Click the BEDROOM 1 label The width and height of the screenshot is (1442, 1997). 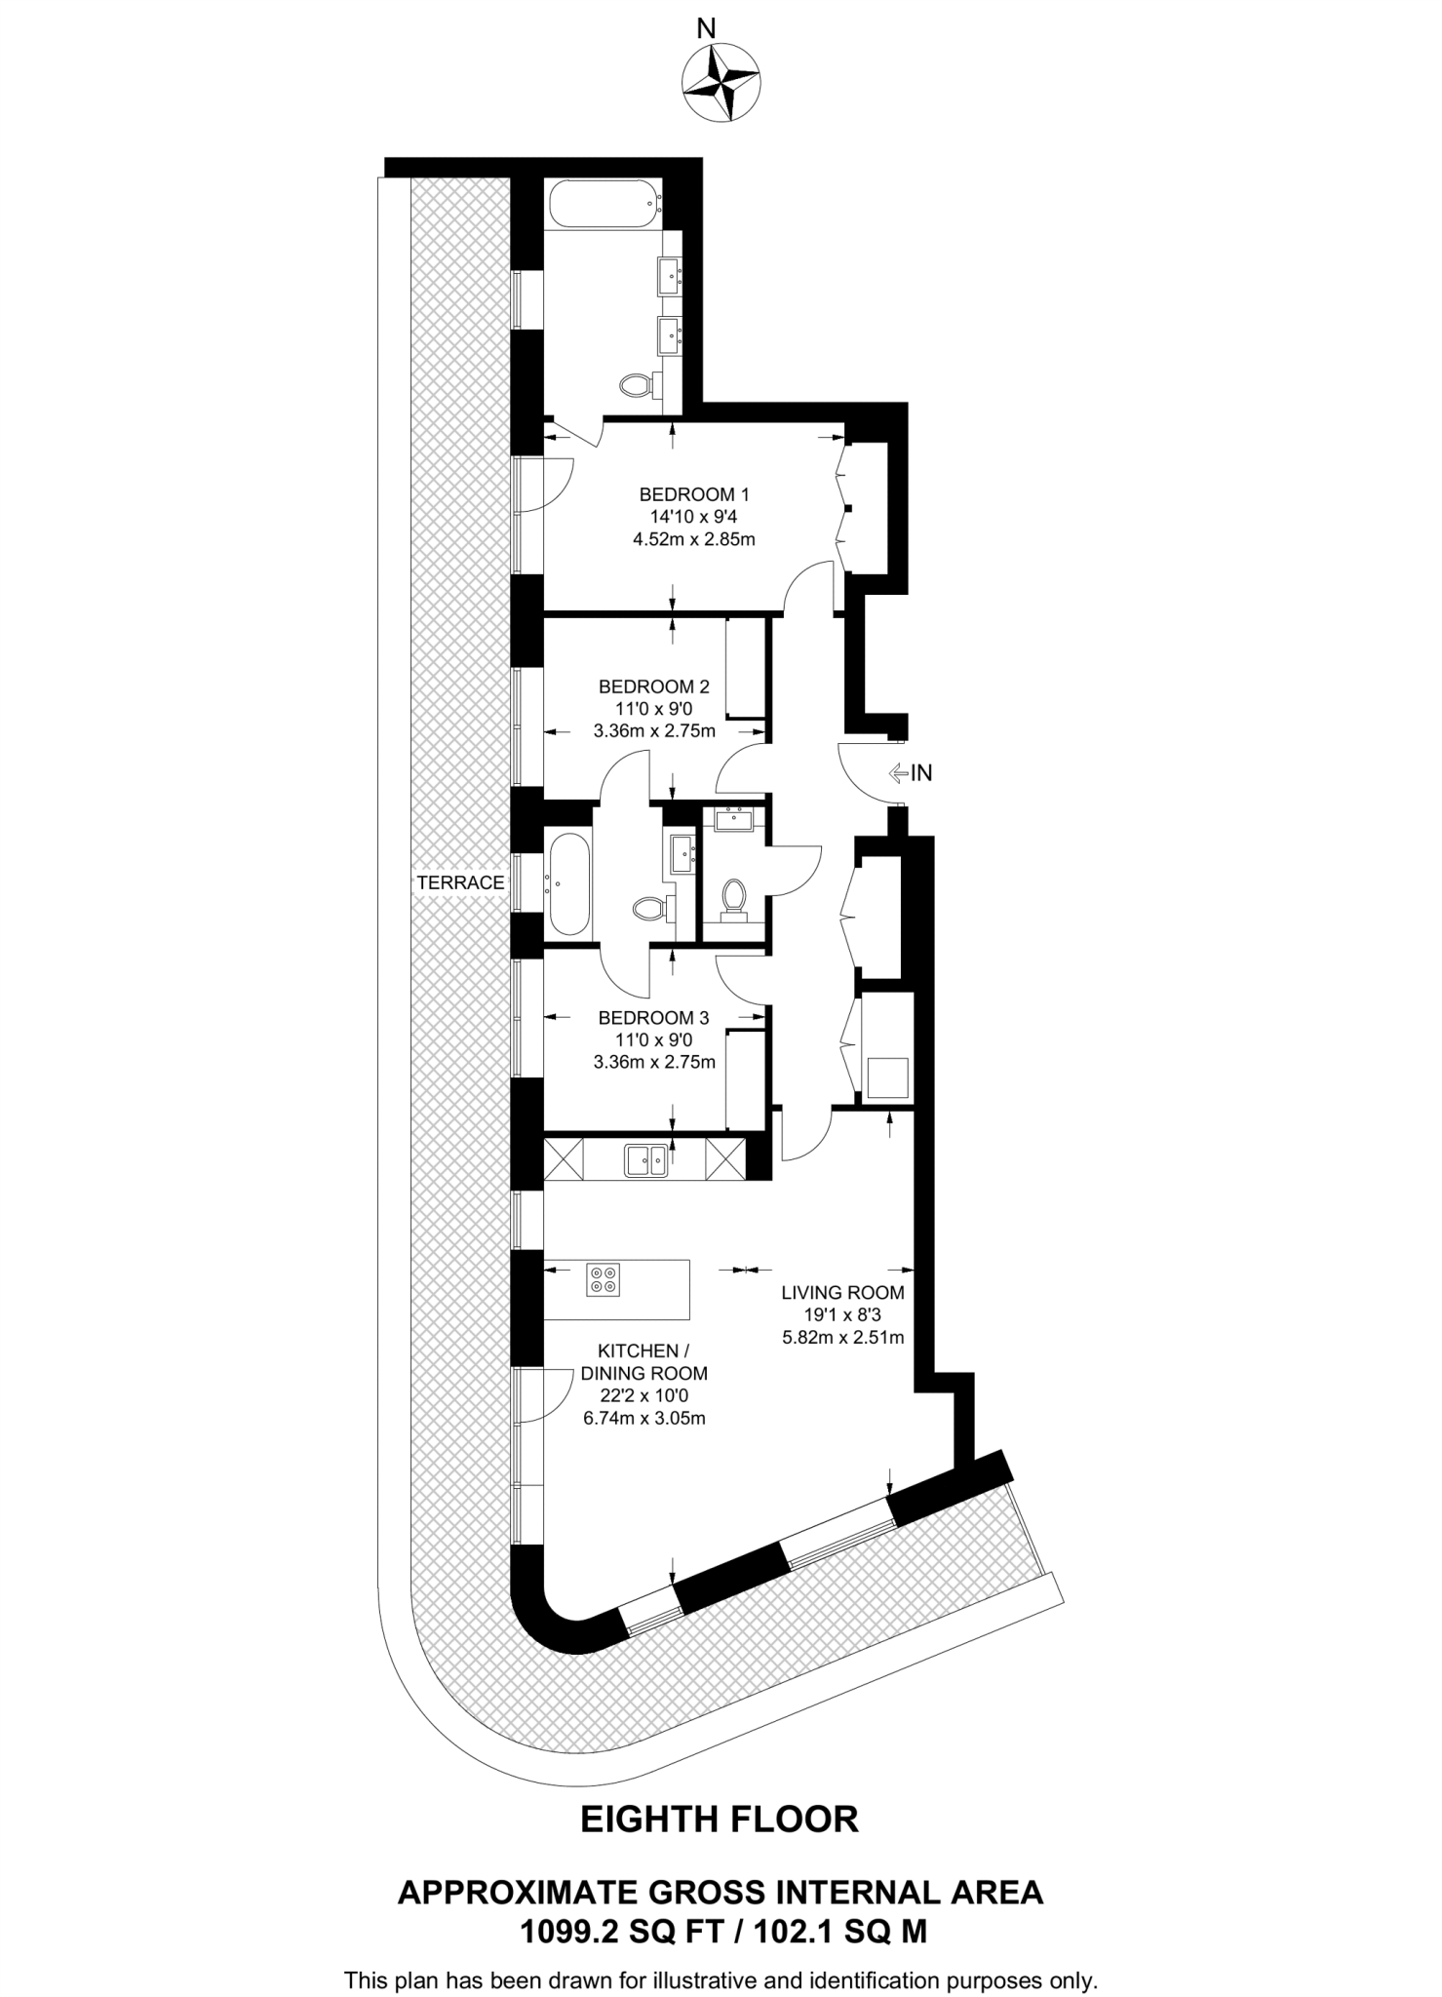point(693,493)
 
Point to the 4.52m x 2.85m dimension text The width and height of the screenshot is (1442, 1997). point(693,539)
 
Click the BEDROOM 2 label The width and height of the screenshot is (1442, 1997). point(653,685)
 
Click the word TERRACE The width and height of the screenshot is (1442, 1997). point(460,883)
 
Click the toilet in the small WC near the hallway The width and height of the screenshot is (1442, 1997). point(732,896)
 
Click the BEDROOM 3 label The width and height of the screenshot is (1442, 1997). point(653,1018)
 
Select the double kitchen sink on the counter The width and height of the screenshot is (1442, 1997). point(646,1158)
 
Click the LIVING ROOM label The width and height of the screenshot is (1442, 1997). point(842,1293)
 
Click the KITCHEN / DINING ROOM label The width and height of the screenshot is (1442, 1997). point(643,1362)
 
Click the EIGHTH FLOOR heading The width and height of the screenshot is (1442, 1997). point(720,1820)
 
